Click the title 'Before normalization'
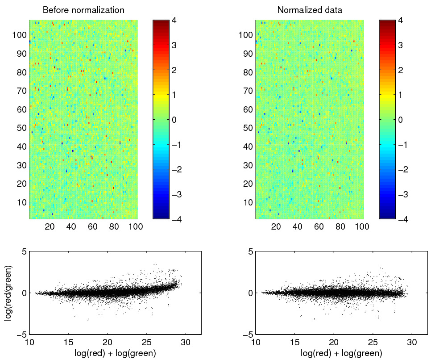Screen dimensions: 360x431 point(83,10)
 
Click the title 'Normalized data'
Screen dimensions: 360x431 point(309,10)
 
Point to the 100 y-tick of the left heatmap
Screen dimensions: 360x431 point(21,35)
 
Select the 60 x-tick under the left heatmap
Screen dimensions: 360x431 point(92,227)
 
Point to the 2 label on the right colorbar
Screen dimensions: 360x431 point(400,70)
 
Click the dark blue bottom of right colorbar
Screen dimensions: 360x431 point(386,216)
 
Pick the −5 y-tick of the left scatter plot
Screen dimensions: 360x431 point(20,334)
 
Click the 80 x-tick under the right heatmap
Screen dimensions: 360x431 point(340,227)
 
